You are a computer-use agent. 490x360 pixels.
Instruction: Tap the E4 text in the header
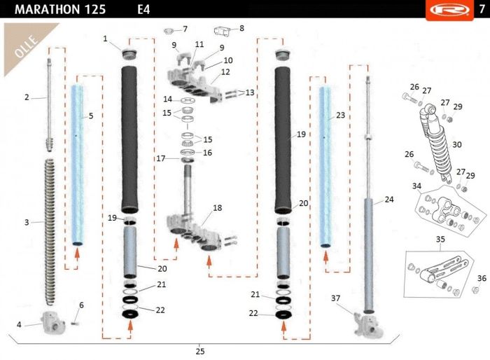[143, 9]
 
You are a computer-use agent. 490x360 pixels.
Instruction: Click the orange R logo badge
[449, 10]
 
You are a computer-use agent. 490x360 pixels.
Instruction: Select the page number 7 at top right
[482, 9]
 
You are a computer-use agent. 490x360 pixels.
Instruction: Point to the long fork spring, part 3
[50, 232]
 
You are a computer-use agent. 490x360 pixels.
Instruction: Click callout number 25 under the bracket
[200, 351]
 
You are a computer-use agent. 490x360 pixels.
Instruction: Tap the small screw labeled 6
[74, 323]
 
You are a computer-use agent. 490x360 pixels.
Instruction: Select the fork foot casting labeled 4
[52, 322]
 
